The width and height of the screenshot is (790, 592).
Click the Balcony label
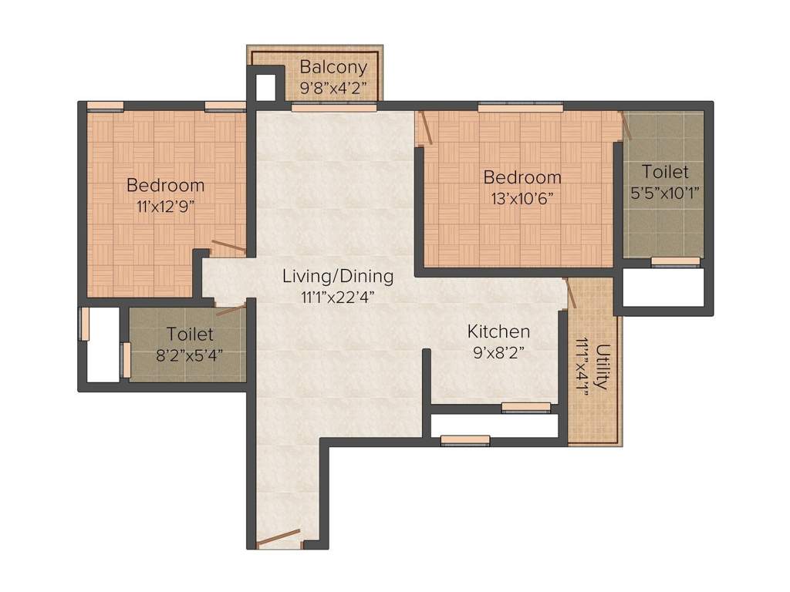tap(333, 66)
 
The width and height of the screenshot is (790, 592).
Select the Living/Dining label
tap(337, 276)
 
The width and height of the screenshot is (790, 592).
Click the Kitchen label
tap(498, 331)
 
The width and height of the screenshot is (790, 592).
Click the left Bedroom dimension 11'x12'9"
tap(165, 206)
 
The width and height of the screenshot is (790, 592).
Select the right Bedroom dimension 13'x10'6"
tap(522, 197)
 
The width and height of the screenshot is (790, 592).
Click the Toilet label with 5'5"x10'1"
tap(665, 171)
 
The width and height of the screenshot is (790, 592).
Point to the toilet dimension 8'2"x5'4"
tap(190, 355)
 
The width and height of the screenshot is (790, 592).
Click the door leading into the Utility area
tap(571, 293)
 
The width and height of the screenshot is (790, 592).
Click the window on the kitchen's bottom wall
tap(526, 407)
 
